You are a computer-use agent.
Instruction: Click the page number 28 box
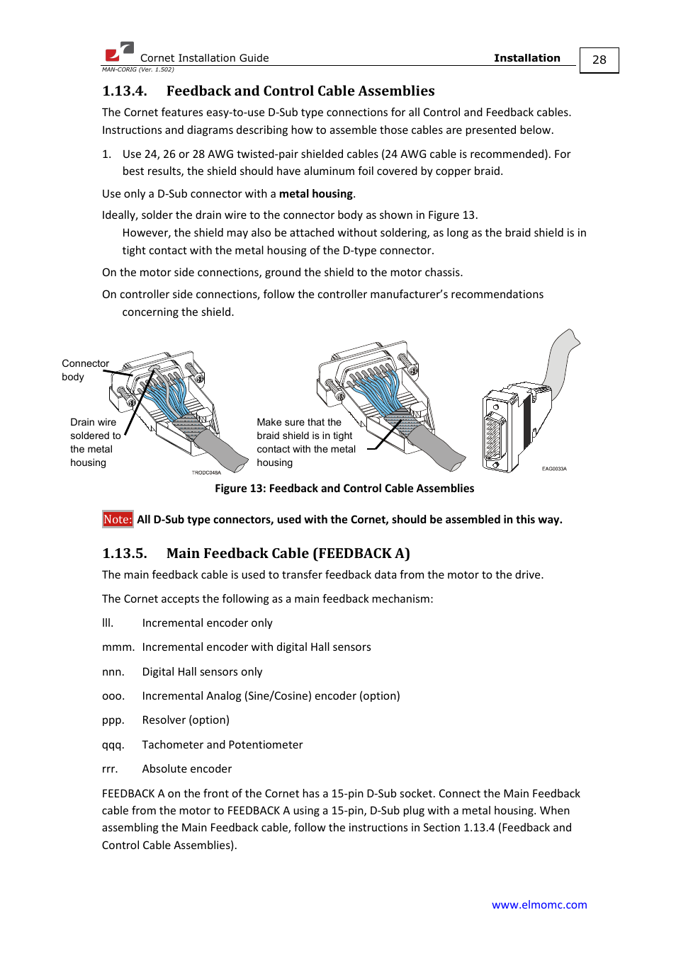point(599,60)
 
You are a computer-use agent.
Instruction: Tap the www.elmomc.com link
point(539,904)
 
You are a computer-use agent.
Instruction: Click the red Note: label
point(118,519)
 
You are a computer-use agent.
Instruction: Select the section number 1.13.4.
point(125,91)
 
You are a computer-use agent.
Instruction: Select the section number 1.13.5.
point(125,553)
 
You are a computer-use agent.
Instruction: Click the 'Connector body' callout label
point(84,370)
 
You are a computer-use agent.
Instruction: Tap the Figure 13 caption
point(344,488)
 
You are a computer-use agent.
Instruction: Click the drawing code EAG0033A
point(554,469)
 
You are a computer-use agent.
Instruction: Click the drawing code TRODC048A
point(206,472)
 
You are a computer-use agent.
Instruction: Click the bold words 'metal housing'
point(315,194)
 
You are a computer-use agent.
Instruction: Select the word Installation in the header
point(526,58)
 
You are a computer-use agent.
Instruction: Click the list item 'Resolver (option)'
point(186,719)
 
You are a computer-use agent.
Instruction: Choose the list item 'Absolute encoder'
point(186,768)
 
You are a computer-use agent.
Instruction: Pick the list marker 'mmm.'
point(118,647)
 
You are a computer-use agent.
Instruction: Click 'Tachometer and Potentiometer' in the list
point(222,744)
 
